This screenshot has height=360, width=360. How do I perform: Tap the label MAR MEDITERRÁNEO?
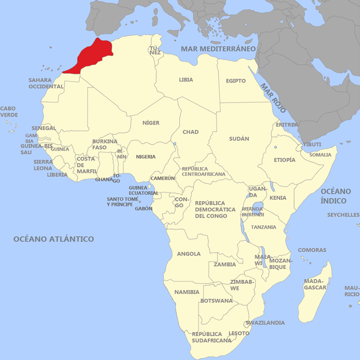pos(218,49)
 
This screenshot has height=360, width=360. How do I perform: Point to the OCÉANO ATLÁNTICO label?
pos(53,239)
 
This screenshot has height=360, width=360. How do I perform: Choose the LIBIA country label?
pos(186,80)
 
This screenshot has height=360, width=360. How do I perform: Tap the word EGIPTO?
pos(236,81)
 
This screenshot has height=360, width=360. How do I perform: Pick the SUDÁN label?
pos(239,139)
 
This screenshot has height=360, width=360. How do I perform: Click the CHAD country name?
pos(191,132)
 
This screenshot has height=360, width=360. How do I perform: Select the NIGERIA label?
pos(146,157)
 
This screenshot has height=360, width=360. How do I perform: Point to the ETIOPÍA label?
pos(285,160)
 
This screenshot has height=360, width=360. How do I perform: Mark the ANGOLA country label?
pos(189,254)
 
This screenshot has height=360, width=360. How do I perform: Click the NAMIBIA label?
pos(187,292)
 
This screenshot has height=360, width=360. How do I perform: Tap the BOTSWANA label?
pos(216,301)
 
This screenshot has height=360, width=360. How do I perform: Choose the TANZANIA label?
pos(264,227)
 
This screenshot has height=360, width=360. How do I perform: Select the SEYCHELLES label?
pos(343,215)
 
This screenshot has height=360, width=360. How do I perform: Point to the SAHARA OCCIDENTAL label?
pos(46,83)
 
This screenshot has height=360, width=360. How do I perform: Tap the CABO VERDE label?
pos(9,112)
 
